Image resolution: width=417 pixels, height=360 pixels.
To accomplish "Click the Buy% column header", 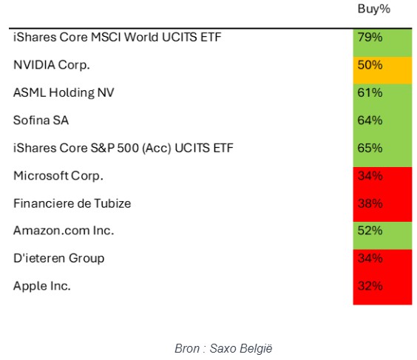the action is pos(373,9).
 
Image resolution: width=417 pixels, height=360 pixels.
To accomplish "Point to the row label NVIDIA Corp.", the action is pos(52,65).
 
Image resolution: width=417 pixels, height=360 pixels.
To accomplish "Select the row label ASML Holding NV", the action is pos(64,93).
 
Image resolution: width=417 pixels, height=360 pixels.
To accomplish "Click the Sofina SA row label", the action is pos(41,120).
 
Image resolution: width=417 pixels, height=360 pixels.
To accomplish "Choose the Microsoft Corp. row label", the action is pos(58,176).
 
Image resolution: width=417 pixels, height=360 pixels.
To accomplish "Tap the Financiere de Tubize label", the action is pos(72,203).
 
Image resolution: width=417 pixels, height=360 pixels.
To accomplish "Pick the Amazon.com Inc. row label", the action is pos(64,231).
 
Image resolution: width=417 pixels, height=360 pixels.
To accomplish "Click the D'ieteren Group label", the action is pos(58,259).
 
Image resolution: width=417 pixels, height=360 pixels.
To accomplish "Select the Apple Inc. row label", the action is pos(41,286).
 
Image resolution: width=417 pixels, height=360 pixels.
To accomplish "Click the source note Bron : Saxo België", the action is pos(223,349).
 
